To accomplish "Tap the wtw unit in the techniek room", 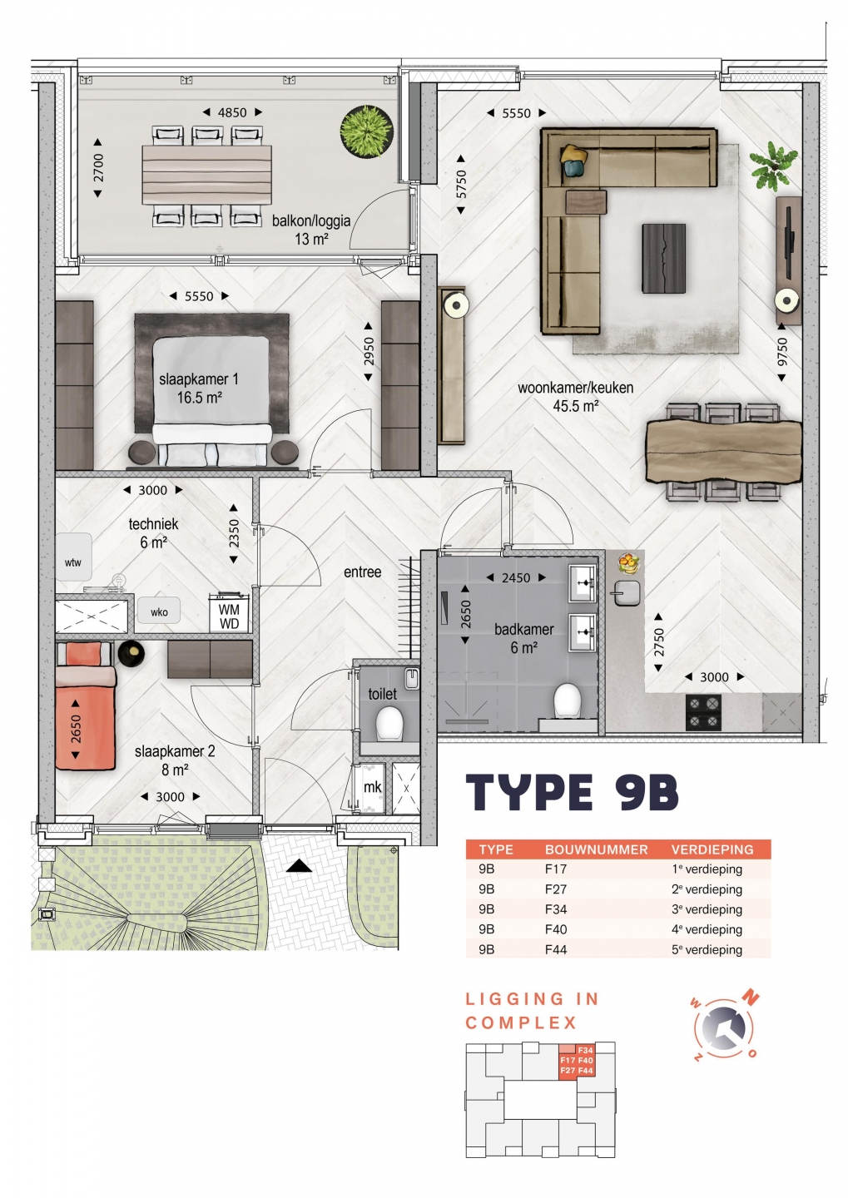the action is click(x=73, y=557).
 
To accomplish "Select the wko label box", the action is click(x=159, y=611).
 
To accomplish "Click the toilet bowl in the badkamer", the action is click(x=567, y=700).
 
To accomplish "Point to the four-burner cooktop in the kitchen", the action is click(x=703, y=712).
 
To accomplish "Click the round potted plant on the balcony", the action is click(x=366, y=131).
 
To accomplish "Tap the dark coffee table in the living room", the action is click(x=663, y=258).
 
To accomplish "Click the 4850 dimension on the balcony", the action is click(x=232, y=112).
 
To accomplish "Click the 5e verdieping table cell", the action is click(x=707, y=949).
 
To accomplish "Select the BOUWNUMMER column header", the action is click(x=596, y=849).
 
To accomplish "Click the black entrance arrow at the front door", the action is click(x=299, y=865).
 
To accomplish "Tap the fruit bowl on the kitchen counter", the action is click(x=628, y=563).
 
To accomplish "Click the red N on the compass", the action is click(x=752, y=996).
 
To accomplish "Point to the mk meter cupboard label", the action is click(x=372, y=787).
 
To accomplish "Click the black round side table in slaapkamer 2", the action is click(x=131, y=653).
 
